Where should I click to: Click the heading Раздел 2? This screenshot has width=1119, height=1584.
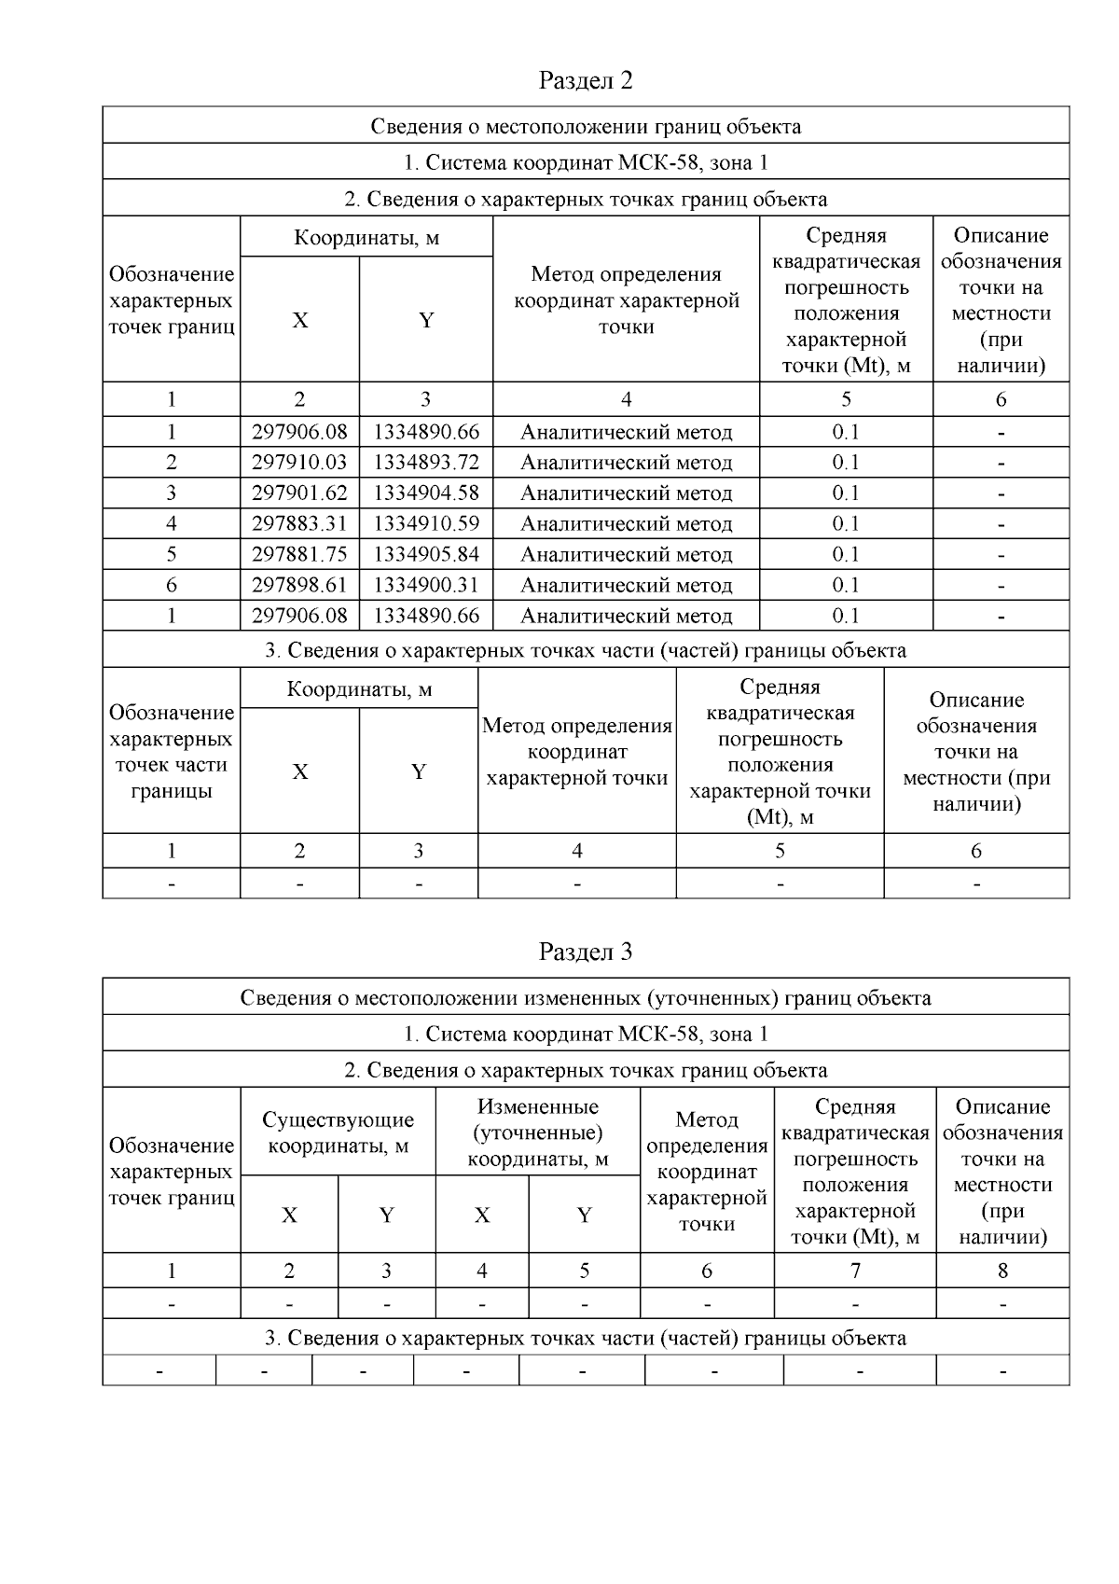pos(586,81)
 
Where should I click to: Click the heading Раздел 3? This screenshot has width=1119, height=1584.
pos(586,952)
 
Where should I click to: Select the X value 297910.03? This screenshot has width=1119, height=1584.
pos(299,463)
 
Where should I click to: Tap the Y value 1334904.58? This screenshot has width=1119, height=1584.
pos(426,493)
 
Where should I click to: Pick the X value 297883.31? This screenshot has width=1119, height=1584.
pos(299,524)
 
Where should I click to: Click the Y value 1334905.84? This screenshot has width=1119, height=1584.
pos(426,555)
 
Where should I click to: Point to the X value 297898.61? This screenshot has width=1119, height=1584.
pos(299,586)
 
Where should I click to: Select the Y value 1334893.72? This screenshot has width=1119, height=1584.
pos(426,463)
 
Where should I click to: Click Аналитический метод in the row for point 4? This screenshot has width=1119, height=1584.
pos(626,524)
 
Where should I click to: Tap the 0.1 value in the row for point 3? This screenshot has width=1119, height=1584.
pos(846,493)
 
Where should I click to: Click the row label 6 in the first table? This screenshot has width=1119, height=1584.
pos(172,586)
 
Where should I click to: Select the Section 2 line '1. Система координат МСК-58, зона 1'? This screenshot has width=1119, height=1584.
pos(586,162)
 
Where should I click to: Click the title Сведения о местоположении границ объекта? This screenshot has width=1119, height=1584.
pos(586,126)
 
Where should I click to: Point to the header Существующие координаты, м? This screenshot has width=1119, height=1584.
pos(338,1132)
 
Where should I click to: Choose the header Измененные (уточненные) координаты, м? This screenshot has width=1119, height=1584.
pos(537,1132)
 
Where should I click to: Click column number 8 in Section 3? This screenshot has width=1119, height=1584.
pos(1002,1271)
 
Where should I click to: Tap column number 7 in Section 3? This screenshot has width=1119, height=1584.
pos(855,1271)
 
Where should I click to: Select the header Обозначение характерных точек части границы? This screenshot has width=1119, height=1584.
pos(172,752)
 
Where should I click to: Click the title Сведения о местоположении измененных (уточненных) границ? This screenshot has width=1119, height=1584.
pos(586,998)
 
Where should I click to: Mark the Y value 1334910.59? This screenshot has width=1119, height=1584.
pos(426,524)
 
